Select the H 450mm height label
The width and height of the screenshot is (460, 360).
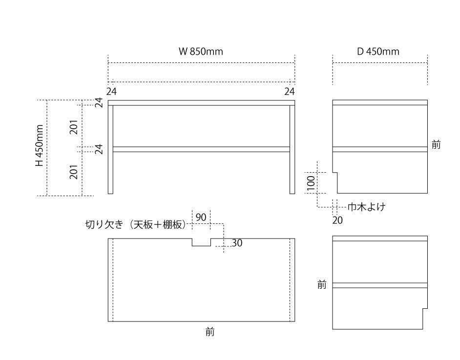(40, 145)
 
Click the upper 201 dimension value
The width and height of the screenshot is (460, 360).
(74, 127)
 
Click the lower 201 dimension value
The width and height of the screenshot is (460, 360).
(74, 172)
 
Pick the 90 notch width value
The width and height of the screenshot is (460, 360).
(201, 217)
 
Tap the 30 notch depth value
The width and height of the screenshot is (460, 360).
(237, 243)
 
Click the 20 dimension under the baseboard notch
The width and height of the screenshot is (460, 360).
(337, 220)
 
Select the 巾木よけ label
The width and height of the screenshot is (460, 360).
(367, 207)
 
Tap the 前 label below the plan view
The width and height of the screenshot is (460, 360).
(210, 333)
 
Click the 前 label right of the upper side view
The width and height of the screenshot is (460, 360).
(436, 145)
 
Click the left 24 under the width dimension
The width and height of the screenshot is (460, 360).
(112, 91)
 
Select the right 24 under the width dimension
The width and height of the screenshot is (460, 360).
(290, 91)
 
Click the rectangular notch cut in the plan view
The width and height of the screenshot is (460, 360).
(201, 242)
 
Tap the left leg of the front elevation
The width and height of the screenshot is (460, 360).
(110, 171)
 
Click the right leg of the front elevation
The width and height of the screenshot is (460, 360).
(292, 171)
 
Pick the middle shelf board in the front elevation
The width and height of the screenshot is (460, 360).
(201, 149)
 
